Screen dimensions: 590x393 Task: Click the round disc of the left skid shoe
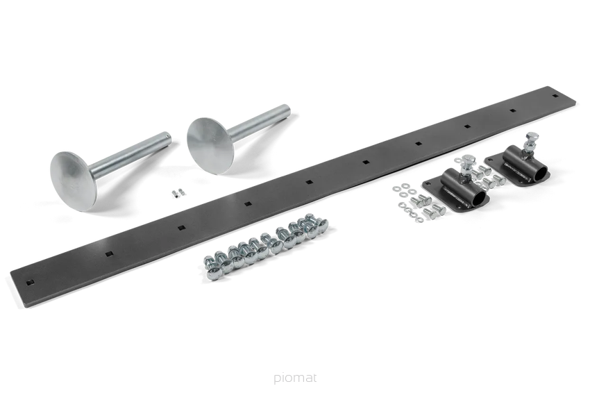pos(74,181)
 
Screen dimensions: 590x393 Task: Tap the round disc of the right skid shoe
pos(210,146)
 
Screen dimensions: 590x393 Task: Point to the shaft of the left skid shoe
pos(130,154)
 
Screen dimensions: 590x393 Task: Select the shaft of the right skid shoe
pos(260,122)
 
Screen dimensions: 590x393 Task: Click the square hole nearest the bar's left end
pos(29,281)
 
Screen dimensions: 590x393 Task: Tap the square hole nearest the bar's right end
pos(555,96)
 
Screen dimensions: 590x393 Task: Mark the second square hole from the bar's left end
pos(109,253)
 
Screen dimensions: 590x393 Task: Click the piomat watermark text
pos(295,378)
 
